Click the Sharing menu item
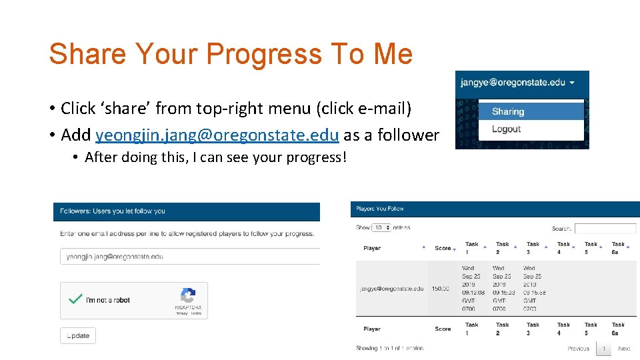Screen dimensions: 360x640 point(509,111)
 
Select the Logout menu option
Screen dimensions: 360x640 point(506,129)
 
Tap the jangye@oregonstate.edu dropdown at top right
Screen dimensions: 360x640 point(517,83)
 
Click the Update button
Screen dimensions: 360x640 point(78,335)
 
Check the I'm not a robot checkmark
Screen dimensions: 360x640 point(75,299)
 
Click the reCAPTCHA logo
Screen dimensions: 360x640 point(188,296)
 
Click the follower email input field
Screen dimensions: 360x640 point(190,257)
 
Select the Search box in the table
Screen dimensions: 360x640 point(605,228)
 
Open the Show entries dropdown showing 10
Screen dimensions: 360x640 point(381,227)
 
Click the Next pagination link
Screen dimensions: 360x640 point(624,349)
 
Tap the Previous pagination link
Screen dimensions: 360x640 point(578,349)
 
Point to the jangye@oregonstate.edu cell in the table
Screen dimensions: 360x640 point(391,289)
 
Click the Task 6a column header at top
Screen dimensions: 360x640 point(618,248)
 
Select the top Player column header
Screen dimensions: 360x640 point(373,248)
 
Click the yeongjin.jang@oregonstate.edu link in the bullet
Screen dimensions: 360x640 point(218,135)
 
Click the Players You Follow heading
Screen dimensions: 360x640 point(380,209)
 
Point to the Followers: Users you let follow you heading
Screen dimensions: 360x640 point(113,211)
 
